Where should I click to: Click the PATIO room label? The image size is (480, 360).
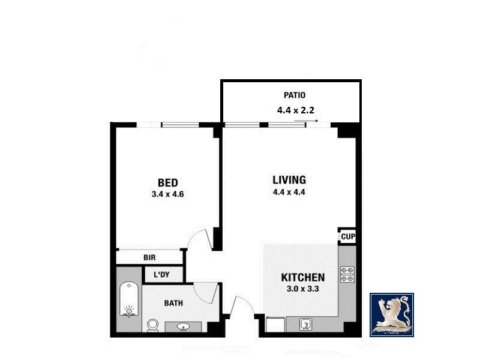pyautogui.click(x=295, y=95)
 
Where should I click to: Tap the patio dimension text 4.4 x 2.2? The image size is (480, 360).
pyautogui.click(x=296, y=110)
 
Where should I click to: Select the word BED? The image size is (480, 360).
pyautogui.click(x=168, y=182)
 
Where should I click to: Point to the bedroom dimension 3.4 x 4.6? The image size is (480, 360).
pyautogui.click(x=168, y=194)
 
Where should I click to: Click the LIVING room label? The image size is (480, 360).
pyautogui.click(x=289, y=180)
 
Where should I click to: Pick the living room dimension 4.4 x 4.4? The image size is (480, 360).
pyautogui.click(x=289, y=193)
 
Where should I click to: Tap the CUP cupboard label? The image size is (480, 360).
pyautogui.click(x=348, y=237)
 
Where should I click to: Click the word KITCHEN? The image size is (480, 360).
pyautogui.click(x=303, y=278)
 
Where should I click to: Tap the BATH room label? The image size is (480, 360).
pyautogui.click(x=173, y=303)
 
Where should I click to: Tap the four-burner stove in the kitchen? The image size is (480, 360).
pyautogui.click(x=347, y=274)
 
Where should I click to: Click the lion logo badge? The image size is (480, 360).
pyautogui.click(x=391, y=314)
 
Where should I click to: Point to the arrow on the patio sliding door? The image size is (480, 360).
pyautogui.click(x=308, y=121)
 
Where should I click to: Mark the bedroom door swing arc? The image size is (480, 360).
pyautogui.click(x=200, y=238)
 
